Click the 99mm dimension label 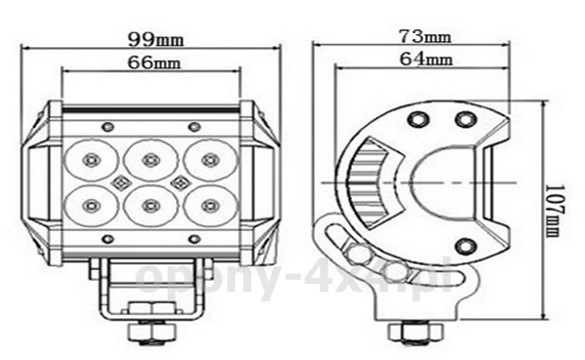pyautogui.click(x=156, y=39)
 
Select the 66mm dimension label pyautogui.click(x=154, y=62)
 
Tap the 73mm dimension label pyautogui.click(x=425, y=36)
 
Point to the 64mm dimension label pyautogui.click(x=426, y=59)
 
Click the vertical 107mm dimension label pyautogui.click(x=555, y=211)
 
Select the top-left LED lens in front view pyautogui.click(x=92, y=160)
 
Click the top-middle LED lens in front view pyautogui.click(x=151, y=160)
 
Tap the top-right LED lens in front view pyautogui.click(x=210, y=160)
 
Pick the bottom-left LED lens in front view pyautogui.click(x=92, y=206)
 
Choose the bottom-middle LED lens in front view pyautogui.click(x=151, y=206)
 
